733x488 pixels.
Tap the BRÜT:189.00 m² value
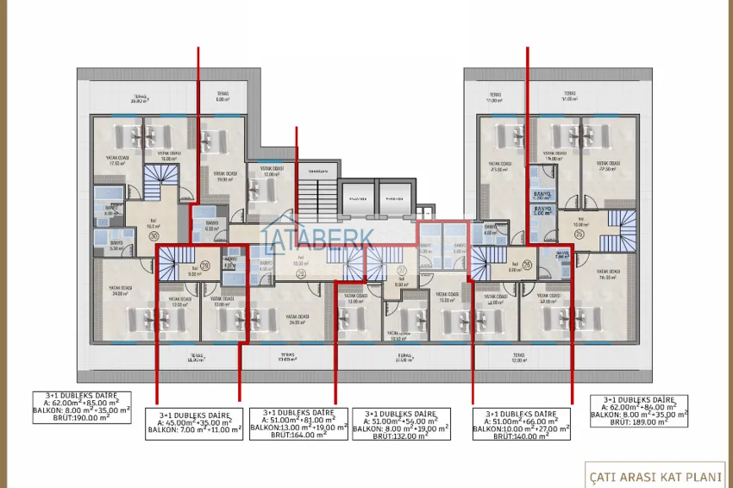pyautogui.click(x=639, y=422)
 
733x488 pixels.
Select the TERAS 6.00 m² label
pyautogui.click(x=222, y=97)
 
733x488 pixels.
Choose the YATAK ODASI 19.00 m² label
pyautogui.click(x=226, y=177)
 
